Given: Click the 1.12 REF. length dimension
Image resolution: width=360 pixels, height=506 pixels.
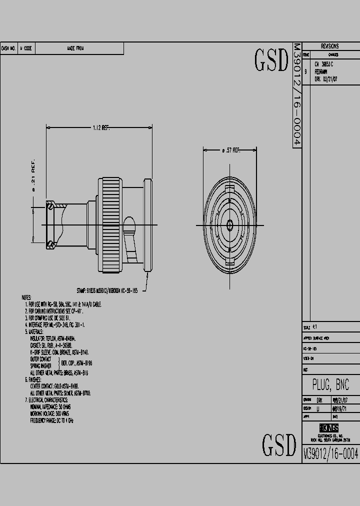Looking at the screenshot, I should [x=100, y=128].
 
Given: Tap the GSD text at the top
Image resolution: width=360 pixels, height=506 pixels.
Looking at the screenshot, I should [x=271, y=60].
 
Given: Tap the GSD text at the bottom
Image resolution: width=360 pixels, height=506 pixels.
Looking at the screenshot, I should [x=279, y=444].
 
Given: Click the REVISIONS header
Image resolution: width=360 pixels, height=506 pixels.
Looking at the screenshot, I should [x=329, y=46].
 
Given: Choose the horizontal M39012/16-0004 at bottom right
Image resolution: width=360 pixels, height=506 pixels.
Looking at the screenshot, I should [x=331, y=453].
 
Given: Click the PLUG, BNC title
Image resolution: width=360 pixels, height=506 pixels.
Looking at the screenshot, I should [x=330, y=385].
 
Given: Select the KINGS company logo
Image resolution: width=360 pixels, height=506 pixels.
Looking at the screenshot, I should [x=329, y=428].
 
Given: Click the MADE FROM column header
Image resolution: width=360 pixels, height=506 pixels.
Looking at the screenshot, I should [x=75, y=48].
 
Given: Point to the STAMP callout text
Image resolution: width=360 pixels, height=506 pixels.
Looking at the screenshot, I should [x=110, y=289].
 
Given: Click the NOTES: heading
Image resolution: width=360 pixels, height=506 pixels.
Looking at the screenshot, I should [x=26, y=297].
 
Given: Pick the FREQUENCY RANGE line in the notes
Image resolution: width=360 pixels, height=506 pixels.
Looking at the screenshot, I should [x=52, y=421].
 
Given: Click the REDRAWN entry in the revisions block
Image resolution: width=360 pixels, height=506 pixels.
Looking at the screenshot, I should [x=321, y=72].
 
